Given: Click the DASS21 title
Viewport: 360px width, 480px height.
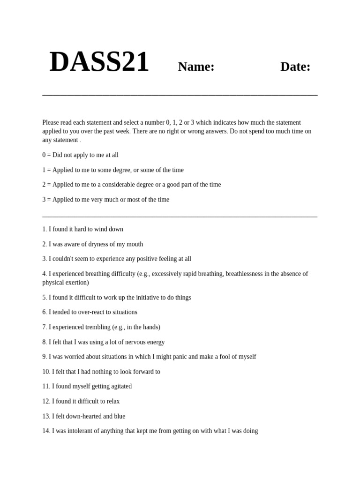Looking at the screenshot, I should [99, 62].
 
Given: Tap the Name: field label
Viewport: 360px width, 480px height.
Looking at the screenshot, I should [196, 67].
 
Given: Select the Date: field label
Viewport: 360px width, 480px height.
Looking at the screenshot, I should [295, 67].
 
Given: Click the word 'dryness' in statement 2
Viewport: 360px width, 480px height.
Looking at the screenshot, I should [99, 244].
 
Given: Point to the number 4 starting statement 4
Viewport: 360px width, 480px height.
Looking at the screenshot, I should [44, 274].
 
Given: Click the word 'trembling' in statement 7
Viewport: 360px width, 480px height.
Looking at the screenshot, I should [97, 327].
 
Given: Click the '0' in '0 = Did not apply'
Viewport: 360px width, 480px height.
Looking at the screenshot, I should [44, 155].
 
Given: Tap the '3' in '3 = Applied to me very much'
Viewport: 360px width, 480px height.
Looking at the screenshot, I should [44, 200].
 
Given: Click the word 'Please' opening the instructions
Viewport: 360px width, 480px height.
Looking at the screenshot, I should [51, 122].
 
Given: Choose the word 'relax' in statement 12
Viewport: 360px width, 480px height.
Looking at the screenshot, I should [113, 401].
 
